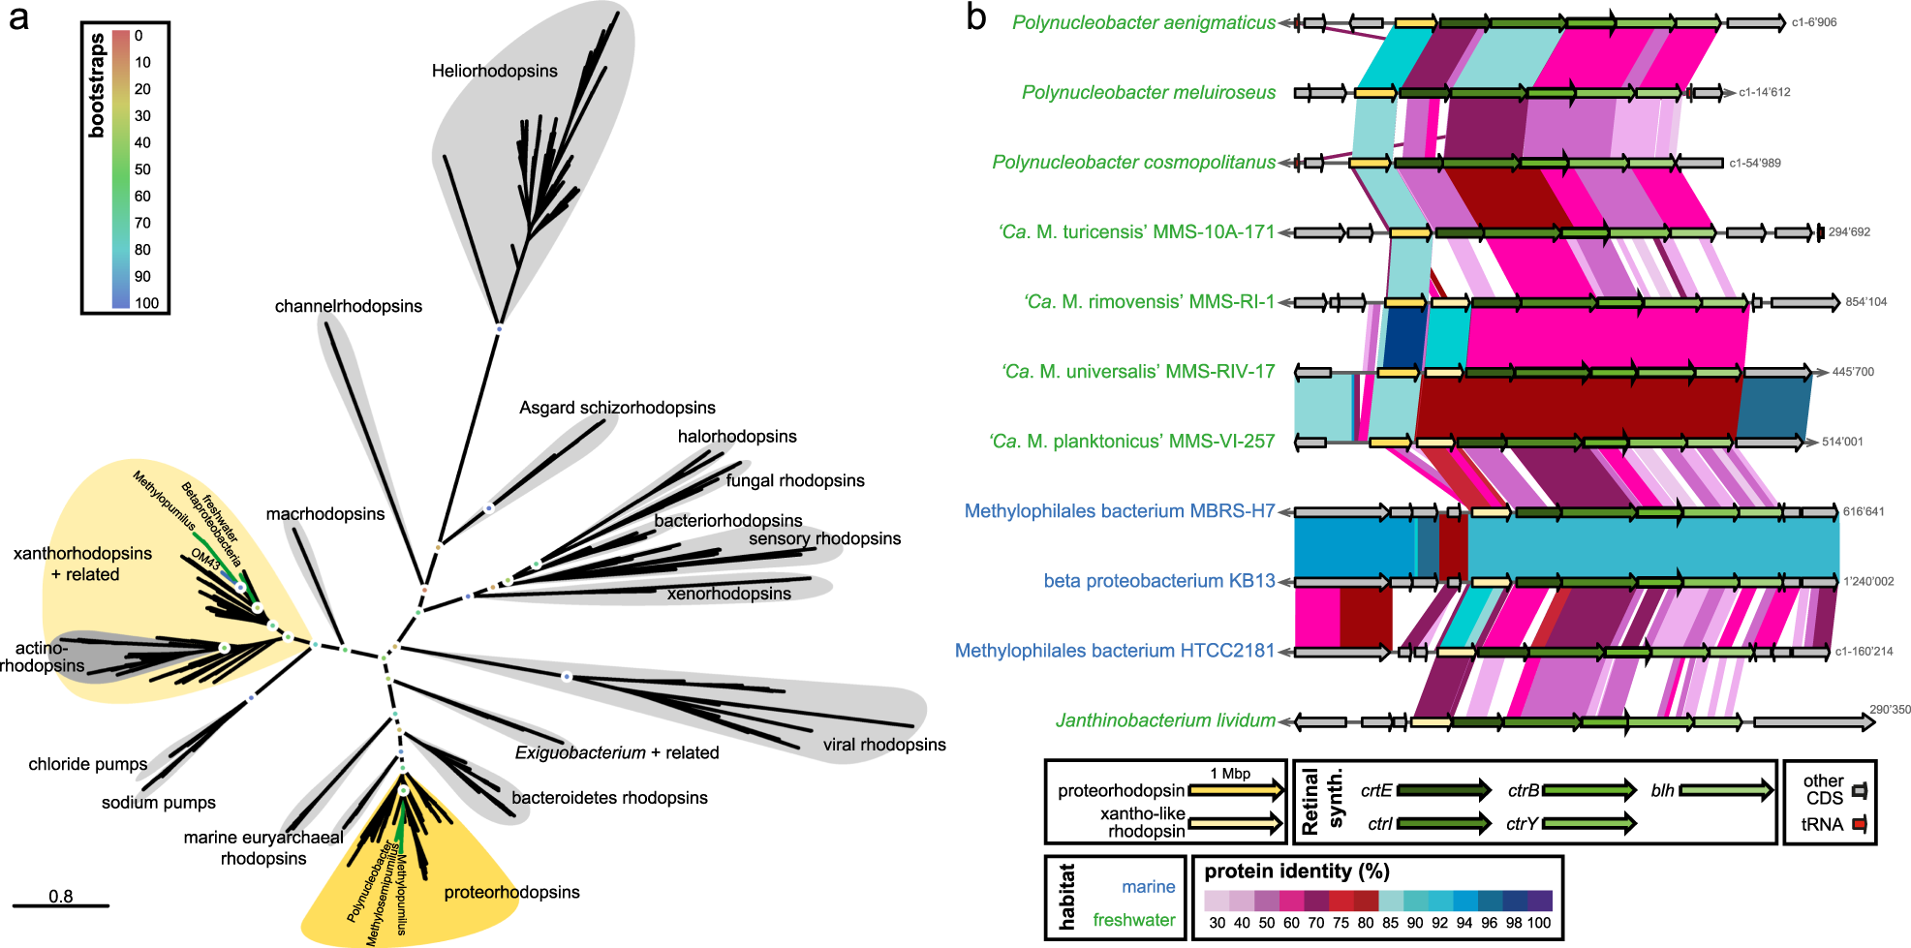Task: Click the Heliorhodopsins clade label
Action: [494, 71]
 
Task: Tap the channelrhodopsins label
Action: [348, 306]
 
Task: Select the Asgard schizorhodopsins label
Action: [617, 408]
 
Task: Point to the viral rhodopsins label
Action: [883, 745]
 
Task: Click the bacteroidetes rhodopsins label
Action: [609, 798]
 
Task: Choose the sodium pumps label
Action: [158, 803]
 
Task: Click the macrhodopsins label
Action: [324, 514]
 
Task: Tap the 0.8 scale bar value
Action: [60, 897]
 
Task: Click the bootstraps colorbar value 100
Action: [147, 303]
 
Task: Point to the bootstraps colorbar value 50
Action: [142, 169]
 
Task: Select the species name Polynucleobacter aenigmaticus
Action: [1143, 22]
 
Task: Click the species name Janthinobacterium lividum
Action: [1164, 720]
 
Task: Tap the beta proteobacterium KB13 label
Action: [1158, 581]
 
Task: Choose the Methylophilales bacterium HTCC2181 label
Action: [1114, 651]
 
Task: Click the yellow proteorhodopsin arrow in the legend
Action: [1235, 791]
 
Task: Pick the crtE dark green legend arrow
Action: [1442, 791]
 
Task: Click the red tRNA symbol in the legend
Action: [1859, 825]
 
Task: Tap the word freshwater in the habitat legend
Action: [1133, 920]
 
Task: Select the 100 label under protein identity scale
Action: [1538, 923]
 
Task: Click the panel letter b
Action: [976, 17]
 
